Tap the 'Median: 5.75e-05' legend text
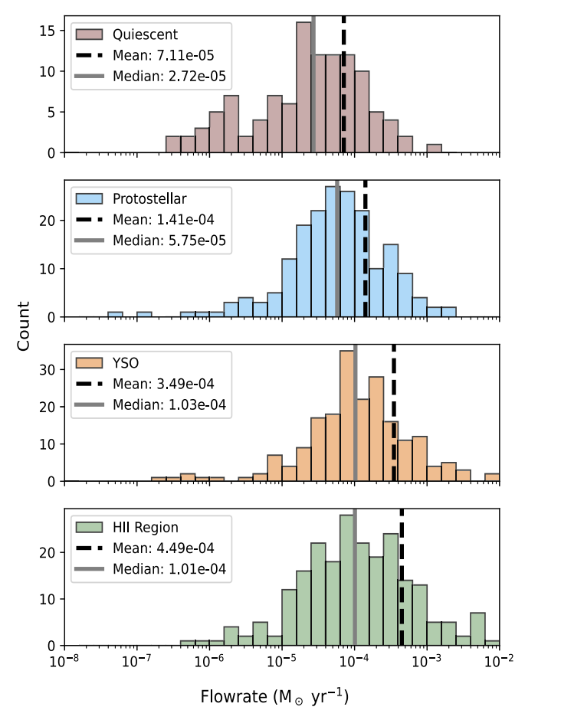point(169,240)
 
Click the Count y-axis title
point(24,326)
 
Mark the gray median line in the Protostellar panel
point(337,253)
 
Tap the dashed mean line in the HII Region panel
point(402,582)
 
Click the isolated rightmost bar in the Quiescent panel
point(435,149)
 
